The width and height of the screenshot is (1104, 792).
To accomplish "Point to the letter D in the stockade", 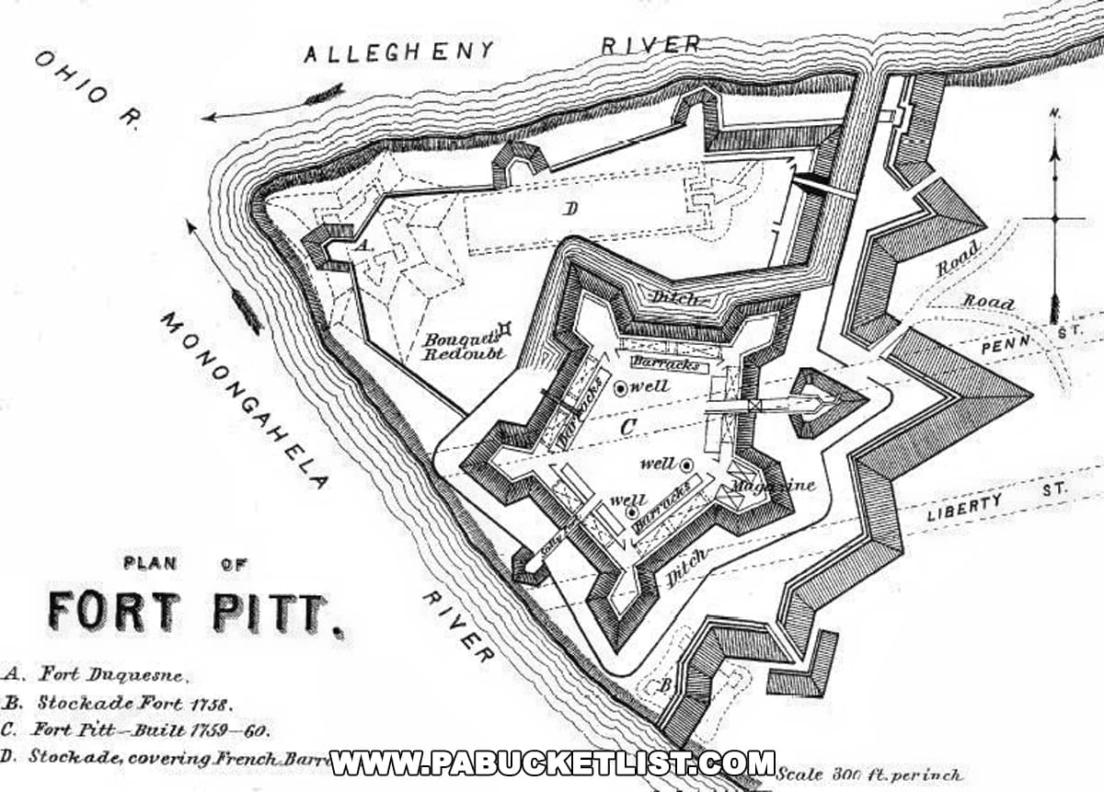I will coord(571,210).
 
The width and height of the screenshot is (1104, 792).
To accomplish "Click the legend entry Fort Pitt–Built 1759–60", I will coord(138,731).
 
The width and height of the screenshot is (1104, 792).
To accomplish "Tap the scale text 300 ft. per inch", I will coord(869,775).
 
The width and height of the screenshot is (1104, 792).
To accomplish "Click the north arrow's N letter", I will coord(1054,114).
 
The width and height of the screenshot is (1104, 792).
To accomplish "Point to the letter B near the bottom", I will coord(663,684).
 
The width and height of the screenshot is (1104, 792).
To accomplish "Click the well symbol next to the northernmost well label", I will coord(621,388).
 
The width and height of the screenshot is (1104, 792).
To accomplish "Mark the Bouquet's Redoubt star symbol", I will coord(504,327).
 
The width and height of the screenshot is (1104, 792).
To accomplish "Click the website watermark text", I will coord(552,763).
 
